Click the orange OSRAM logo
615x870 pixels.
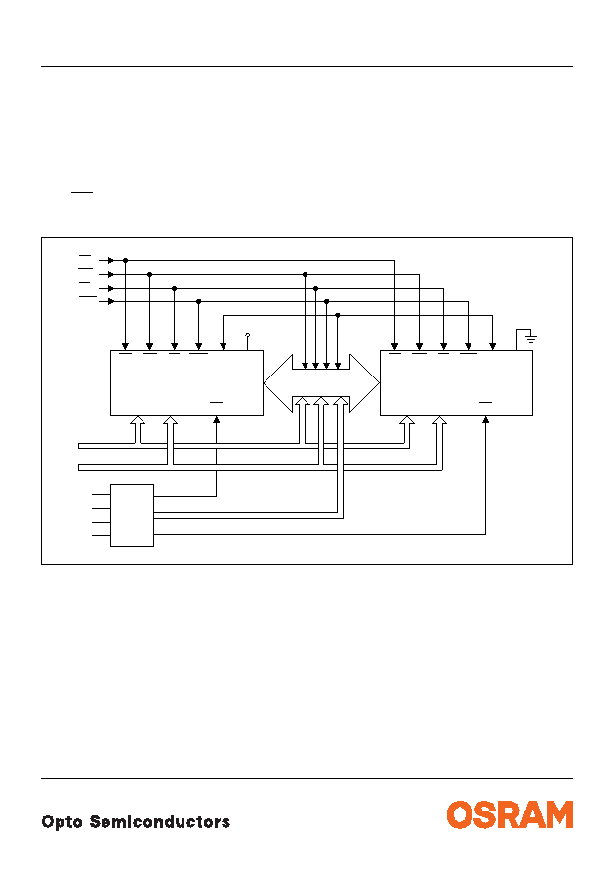pos(510,814)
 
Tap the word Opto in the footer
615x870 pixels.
pos(62,822)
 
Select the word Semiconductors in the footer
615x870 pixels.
pos(160,822)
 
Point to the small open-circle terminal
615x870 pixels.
pos(248,336)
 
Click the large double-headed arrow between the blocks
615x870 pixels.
pos(321,383)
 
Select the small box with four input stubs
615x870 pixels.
pos(132,515)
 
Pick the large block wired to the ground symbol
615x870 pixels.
pos(456,383)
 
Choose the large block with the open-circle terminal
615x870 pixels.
pos(186,383)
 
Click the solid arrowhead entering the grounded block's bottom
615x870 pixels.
pos(485,420)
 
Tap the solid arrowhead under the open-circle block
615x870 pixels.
pos(216,420)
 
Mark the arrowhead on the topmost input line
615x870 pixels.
pos(110,260)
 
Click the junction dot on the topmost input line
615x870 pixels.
pos(126,260)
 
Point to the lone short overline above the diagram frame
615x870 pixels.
pos(82,193)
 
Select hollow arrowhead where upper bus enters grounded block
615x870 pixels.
pos(407,421)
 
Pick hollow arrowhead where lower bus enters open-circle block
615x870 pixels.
pos(171,421)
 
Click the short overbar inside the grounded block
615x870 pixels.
pos(485,402)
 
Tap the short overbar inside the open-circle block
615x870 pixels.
pos(216,402)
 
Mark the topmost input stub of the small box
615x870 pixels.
pos(102,494)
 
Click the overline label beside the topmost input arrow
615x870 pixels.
pos(85,256)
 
